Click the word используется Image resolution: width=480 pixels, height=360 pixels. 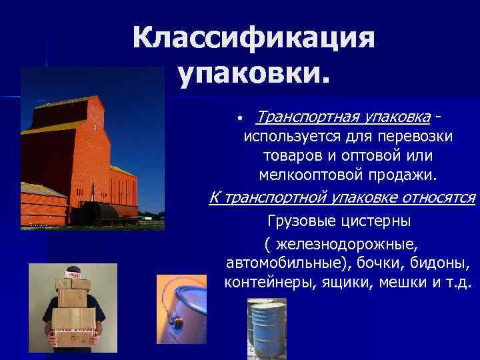286,136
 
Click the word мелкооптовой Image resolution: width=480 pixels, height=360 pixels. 303,175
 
